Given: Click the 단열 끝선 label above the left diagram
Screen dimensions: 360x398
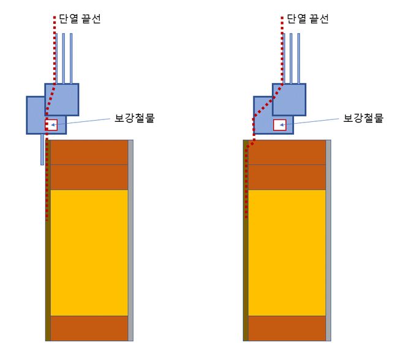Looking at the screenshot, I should (80, 18).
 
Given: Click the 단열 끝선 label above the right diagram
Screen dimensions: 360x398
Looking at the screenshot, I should (308, 18).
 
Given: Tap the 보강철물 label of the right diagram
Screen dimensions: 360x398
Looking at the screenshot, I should (363, 118).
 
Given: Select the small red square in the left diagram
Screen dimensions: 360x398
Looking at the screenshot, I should (51, 124).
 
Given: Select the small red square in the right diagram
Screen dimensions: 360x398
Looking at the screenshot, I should (279, 125).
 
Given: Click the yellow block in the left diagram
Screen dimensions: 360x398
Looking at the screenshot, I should (89, 252).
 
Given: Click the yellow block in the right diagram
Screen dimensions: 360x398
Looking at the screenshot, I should (287, 252).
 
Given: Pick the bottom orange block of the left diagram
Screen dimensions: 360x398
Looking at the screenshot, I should (89, 328).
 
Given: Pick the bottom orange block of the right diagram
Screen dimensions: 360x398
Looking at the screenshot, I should (287, 328).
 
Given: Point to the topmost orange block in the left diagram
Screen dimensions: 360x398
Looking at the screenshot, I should (89, 152).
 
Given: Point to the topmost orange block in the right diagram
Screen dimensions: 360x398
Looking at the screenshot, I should (287, 152).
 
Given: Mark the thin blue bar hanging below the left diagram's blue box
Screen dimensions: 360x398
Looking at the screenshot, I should (42, 149).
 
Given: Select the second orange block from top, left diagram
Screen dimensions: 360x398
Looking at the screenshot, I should (89, 177).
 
